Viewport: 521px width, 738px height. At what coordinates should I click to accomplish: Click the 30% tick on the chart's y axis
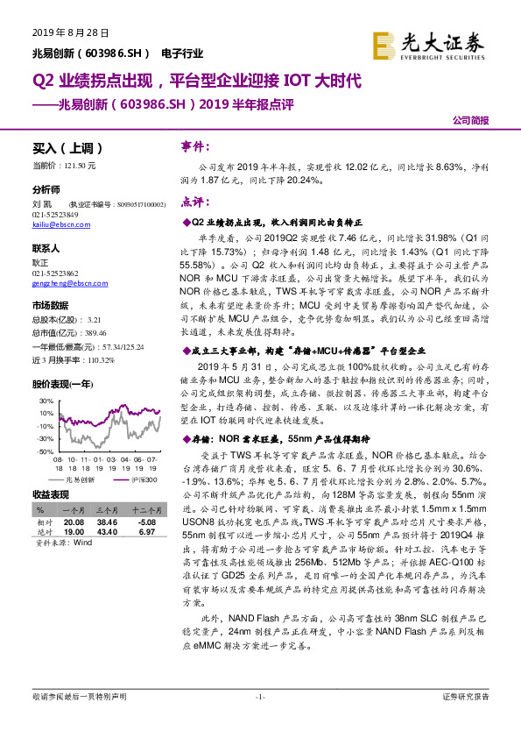[45, 399]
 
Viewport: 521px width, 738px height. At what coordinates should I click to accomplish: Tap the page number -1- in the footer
[260, 697]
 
